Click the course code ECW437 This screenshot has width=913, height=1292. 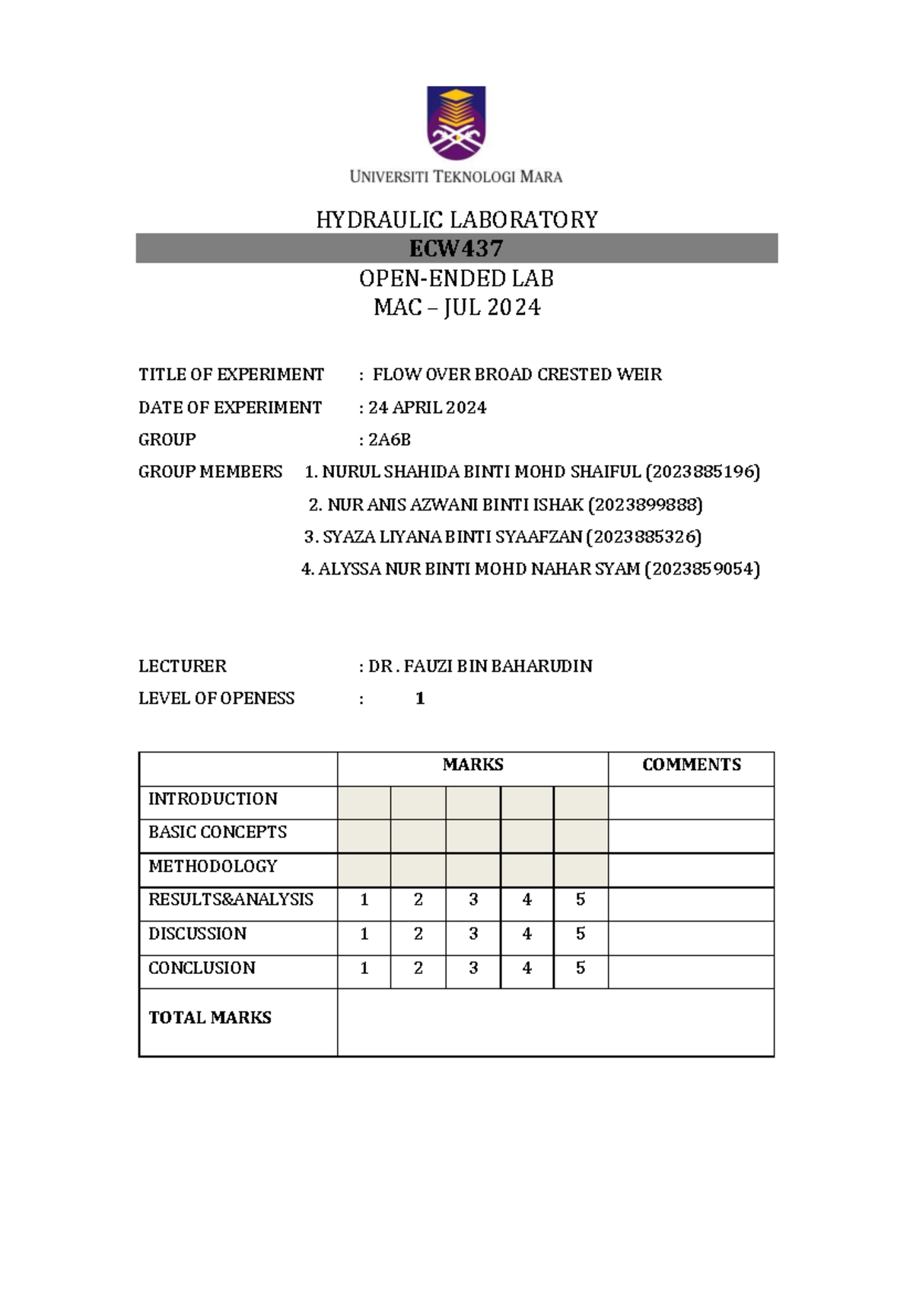[x=456, y=248]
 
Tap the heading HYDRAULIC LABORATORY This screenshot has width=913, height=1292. [x=456, y=220]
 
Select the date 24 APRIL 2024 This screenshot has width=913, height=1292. [x=428, y=408]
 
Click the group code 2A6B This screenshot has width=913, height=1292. [x=390, y=440]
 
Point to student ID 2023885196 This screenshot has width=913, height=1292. [x=702, y=472]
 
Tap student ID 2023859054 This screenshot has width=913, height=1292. [x=702, y=569]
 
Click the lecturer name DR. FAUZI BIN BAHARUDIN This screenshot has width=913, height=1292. [x=480, y=667]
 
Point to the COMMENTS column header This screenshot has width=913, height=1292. [x=691, y=765]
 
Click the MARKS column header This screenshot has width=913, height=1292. [x=472, y=765]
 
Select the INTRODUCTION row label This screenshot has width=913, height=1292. [x=212, y=799]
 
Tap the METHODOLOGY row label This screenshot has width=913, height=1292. [x=212, y=866]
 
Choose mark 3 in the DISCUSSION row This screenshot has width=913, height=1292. [x=473, y=934]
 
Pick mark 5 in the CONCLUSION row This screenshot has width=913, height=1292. [x=581, y=968]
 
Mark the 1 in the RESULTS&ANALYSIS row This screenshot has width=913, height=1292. [x=364, y=899]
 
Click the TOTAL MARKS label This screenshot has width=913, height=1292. [x=210, y=1017]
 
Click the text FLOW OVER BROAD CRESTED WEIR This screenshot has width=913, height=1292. [x=517, y=374]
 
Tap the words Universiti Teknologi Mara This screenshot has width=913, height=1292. [x=456, y=177]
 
